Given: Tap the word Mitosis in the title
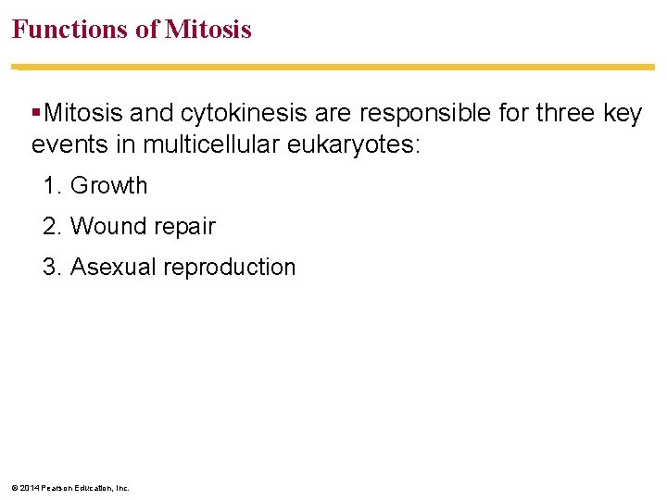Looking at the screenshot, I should pos(208,30).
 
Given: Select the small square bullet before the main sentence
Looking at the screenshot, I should pos(35,114).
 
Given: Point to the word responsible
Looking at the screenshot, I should pos(417,114).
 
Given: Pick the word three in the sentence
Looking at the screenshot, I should pos(558,114).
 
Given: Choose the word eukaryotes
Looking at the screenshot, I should pos(352,144).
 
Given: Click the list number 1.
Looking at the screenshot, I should pos(51,185).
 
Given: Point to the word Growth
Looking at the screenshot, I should pos(108,185).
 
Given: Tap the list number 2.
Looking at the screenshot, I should pos(51,226).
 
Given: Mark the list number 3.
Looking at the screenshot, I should pos(51,267).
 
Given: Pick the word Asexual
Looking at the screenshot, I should pos(113,267).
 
